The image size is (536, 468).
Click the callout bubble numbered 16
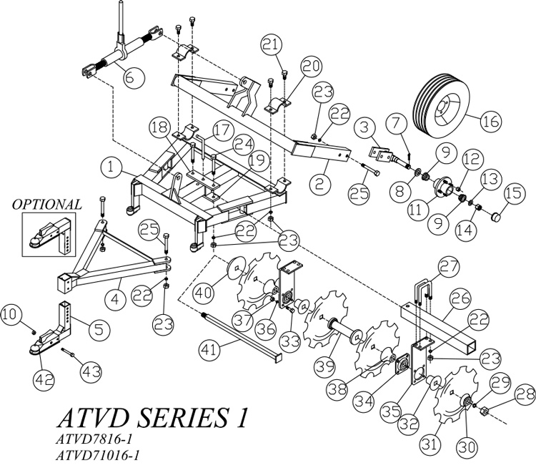click(490, 122)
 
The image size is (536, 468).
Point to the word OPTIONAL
click(47, 205)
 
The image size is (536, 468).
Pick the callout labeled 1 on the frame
click(112, 167)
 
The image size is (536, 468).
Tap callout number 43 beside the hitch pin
click(91, 371)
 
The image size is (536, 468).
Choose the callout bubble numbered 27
click(447, 268)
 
